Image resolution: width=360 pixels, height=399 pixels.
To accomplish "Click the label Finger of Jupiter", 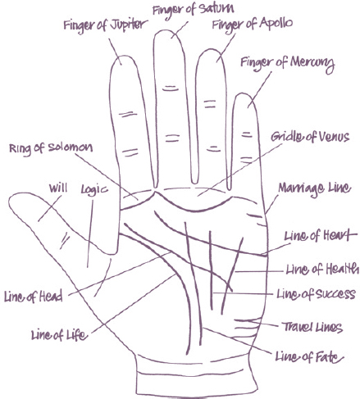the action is click(x=105, y=25).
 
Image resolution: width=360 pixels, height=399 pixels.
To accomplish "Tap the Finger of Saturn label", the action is click(x=193, y=9).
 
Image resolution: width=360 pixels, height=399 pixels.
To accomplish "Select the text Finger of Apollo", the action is click(x=253, y=24).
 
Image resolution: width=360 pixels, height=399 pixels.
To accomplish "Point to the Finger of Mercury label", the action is click(x=287, y=64).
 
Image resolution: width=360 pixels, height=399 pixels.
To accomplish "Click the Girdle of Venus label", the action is click(x=310, y=137).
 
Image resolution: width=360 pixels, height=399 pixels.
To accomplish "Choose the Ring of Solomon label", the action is click(x=51, y=148).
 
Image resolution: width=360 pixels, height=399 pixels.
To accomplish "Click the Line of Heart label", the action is click(x=321, y=235).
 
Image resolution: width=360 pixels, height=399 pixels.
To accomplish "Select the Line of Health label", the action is click(x=322, y=269).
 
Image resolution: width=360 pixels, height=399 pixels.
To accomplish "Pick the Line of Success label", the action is click(x=316, y=294).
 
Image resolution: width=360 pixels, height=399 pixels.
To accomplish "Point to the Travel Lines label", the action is click(x=312, y=327).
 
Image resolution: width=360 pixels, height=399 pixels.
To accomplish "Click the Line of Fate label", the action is click(x=309, y=356).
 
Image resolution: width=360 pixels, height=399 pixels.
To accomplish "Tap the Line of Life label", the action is click(x=59, y=334).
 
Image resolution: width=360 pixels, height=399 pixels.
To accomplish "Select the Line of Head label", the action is click(x=34, y=296).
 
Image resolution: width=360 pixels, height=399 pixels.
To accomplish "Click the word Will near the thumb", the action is click(x=58, y=188).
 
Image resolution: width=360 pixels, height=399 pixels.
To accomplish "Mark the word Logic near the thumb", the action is click(x=94, y=189).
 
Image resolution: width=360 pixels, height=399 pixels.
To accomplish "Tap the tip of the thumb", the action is click(x=9, y=202).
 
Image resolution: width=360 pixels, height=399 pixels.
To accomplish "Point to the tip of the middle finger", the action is click(x=166, y=29).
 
